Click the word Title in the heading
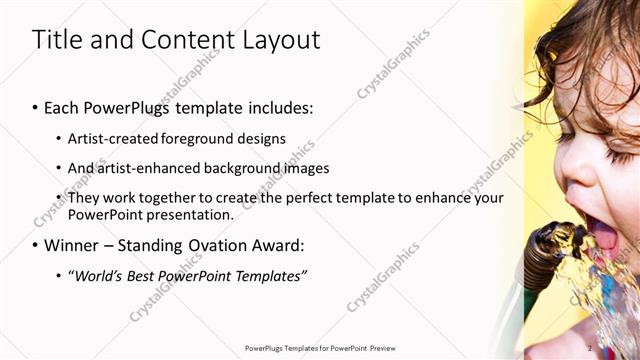56,40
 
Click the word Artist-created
112,138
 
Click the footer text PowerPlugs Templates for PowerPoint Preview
319,348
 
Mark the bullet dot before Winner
36,246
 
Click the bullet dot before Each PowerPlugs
36,108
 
